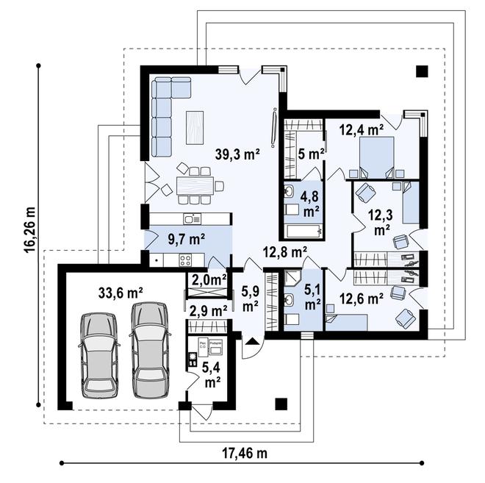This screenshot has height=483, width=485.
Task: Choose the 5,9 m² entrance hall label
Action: point(251,298)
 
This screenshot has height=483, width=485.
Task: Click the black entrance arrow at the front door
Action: point(251,340)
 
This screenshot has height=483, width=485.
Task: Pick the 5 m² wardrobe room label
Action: point(312,154)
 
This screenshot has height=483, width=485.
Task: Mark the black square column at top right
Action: point(421,71)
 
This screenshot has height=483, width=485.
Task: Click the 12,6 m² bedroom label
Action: point(361,298)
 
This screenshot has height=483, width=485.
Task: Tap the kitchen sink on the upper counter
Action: point(193,218)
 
